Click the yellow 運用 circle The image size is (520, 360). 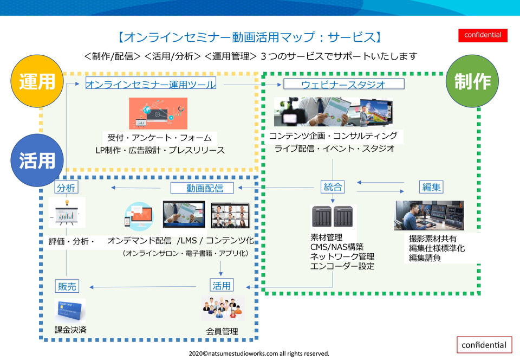[37, 81]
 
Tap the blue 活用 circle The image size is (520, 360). [37, 160]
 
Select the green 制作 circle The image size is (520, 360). [472, 81]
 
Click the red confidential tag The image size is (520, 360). [483, 35]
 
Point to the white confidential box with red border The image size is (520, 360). [484, 345]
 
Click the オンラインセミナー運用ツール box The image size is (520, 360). [151, 83]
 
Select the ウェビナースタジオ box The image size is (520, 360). [343, 83]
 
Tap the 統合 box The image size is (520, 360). [333, 187]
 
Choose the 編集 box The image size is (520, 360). [431, 187]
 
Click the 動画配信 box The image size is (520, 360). [202, 188]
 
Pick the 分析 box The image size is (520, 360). [66, 187]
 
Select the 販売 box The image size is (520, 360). [67, 286]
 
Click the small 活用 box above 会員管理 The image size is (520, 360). [222, 285]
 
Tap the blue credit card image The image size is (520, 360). [70, 311]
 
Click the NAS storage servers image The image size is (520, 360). [333, 217]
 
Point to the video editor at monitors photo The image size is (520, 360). [429, 215]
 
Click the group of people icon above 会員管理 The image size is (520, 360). [223, 307]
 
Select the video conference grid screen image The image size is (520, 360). [230, 215]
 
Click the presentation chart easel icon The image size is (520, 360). [67, 213]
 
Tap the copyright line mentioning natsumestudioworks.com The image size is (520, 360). [259, 353]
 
